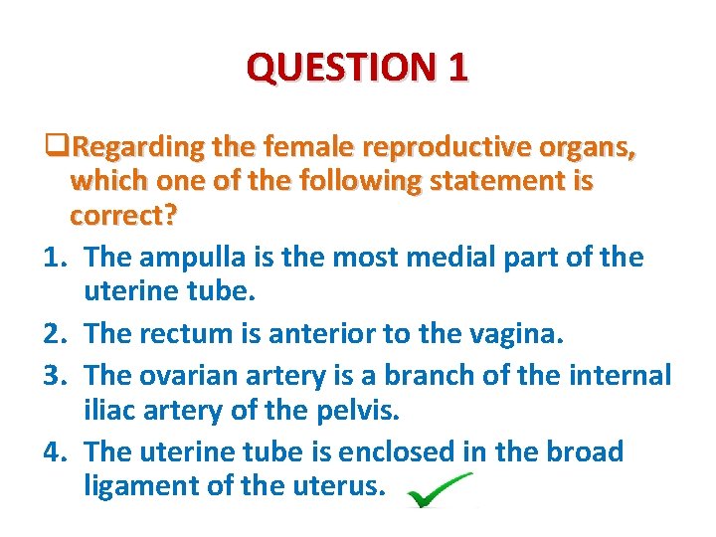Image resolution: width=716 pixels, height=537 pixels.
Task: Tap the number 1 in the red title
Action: (x=457, y=68)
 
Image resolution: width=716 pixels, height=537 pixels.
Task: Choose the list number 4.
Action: (x=56, y=451)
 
